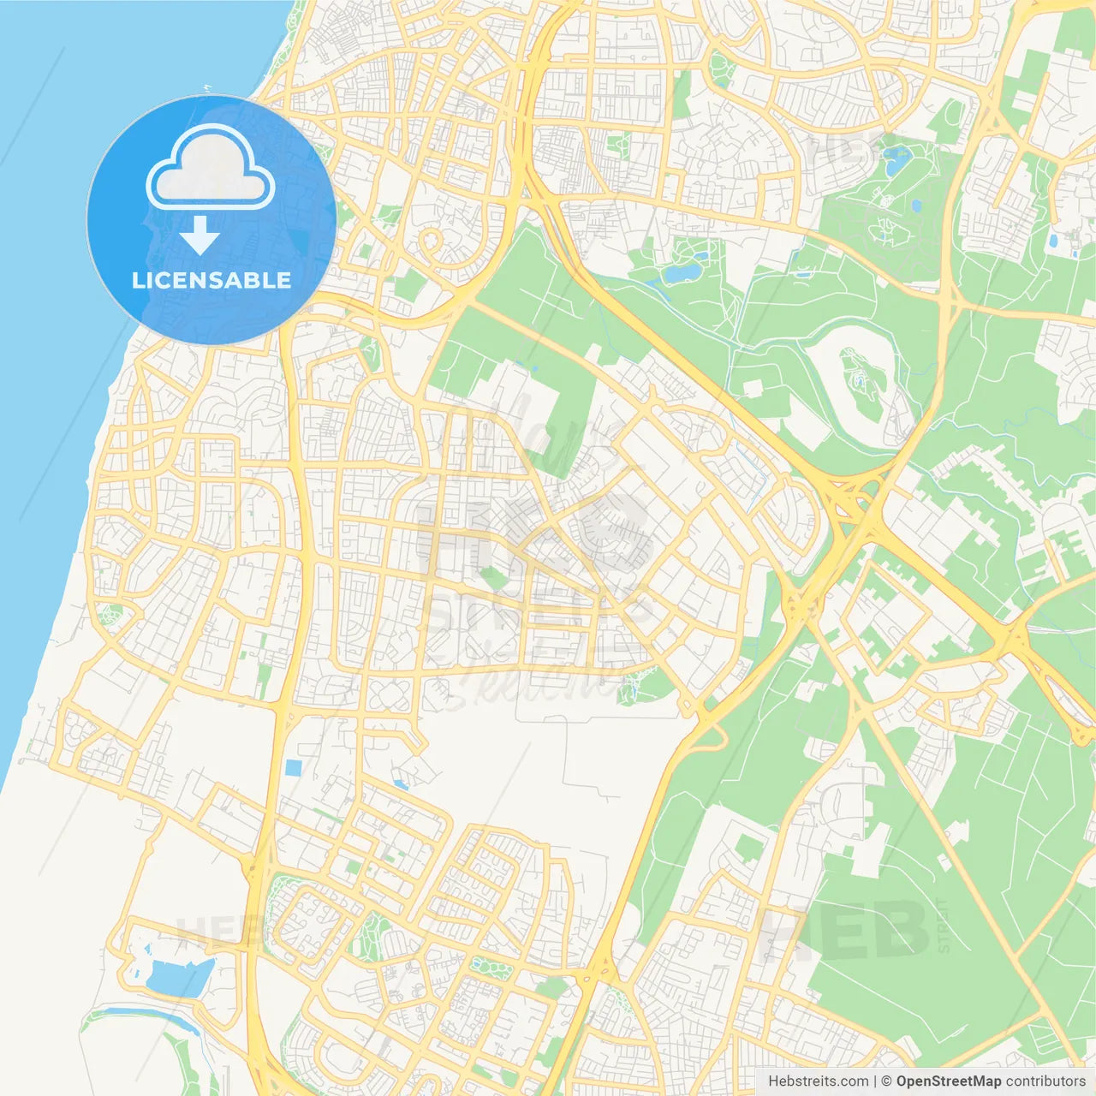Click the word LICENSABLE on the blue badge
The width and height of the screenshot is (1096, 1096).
point(211,280)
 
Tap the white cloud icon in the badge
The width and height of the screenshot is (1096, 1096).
point(211,169)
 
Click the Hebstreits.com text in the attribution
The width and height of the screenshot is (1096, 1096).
point(818,1081)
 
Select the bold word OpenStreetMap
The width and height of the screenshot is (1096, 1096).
point(949,1081)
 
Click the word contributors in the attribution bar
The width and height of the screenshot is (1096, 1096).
point(1045,1081)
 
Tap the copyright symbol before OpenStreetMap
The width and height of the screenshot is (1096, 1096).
point(887,1081)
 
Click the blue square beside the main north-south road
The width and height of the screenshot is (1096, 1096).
point(294,767)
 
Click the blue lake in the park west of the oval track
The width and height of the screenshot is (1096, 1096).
point(682,273)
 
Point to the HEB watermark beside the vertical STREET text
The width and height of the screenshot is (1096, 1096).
point(843,932)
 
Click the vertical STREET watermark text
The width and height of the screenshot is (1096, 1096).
point(943,926)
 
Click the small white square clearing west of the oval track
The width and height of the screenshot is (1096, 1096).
point(753,389)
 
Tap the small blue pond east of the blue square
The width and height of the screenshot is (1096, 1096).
point(400,783)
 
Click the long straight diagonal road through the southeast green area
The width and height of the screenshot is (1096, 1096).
point(950,839)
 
